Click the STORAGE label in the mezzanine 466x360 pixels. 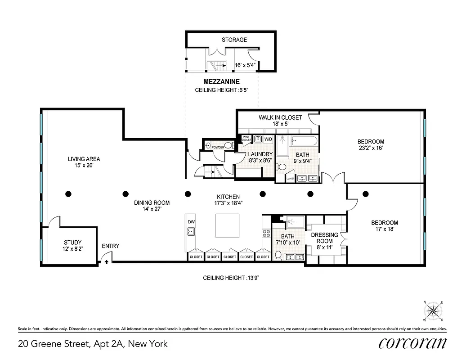(234, 40)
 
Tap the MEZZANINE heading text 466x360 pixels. (221, 82)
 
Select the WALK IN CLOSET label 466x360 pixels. (280, 117)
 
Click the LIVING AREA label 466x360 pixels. (84, 159)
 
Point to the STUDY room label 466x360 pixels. (72, 243)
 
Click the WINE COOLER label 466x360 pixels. (246, 139)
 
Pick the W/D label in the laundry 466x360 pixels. (269, 139)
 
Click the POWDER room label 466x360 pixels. (218, 147)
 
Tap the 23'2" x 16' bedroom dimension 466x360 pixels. (371, 148)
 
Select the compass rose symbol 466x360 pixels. (433, 310)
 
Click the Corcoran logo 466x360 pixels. (413, 343)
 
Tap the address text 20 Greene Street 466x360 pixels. (92, 344)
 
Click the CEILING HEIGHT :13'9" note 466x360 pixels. (231, 278)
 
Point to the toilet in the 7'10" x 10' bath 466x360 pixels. (278, 256)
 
